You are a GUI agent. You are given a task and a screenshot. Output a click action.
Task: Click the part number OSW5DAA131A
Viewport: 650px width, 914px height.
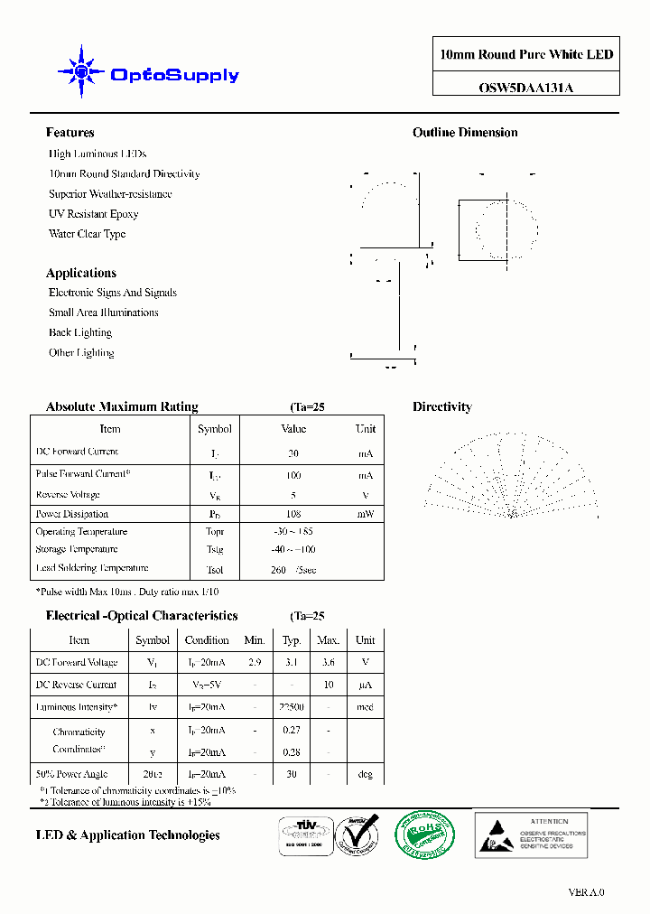click(525, 88)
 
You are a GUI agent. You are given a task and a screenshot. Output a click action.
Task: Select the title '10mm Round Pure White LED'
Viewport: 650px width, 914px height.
click(525, 55)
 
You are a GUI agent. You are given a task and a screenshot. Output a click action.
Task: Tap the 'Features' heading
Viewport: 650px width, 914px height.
click(70, 133)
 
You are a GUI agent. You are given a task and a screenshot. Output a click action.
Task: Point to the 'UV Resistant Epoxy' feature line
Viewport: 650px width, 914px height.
click(93, 214)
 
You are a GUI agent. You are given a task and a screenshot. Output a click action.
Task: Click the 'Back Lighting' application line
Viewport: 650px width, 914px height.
click(80, 332)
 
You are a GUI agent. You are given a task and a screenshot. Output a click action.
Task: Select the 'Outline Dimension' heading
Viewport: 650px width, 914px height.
click(465, 133)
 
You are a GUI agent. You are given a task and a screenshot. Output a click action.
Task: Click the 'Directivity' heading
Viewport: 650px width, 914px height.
click(442, 407)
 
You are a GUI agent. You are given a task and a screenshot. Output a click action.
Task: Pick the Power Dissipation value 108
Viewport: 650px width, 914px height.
click(293, 514)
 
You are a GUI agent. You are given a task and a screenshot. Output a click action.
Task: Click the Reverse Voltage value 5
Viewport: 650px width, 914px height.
click(293, 495)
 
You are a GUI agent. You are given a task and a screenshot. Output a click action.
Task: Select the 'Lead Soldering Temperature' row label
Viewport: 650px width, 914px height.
click(92, 568)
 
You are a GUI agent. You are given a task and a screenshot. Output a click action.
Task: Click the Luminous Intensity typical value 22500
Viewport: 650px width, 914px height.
click(292, 707)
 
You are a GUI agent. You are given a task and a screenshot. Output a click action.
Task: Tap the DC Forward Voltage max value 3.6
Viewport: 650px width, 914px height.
click(329, 662)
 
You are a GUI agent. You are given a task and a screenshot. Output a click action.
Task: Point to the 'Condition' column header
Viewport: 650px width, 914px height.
click(207, 640)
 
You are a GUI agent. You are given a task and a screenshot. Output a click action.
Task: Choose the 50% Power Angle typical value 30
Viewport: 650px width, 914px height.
click(292, 774)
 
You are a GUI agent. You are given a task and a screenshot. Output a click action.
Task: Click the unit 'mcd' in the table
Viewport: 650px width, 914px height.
click(365, 707)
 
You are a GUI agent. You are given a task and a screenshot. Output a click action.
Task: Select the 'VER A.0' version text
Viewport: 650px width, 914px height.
click(586, 892)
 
